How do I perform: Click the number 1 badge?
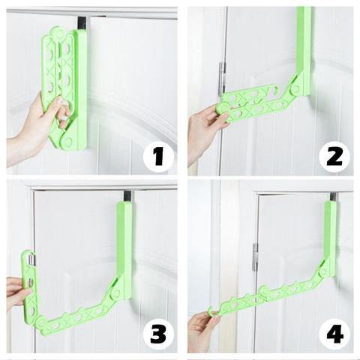pyautogui.click(x=158, y=156)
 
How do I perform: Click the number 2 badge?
pyautogui.click(x=334, y=156)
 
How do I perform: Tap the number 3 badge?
pyautogui.click(x=158, y=334)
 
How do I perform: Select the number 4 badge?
pyautogui.click(x=334, y=334)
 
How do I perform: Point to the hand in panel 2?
pyautogui.click(x=204, y=130)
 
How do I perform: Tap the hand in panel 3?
pyautogui.click(x=17, y=292)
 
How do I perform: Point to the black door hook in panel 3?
pyautogui.click(x=128, y=196)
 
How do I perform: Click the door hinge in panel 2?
pyautogui.click(x=222, y=79)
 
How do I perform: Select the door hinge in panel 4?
pyautogui.click(x=255, y=257)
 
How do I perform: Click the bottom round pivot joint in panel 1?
pyautogui.click(x=67, y=142)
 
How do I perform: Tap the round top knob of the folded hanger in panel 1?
pyautogui.click(x=58, y=32)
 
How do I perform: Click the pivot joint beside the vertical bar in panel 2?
pyautogui.click(x=295, y=88)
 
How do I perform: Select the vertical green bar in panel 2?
pyautogui.click(x=303, y=51)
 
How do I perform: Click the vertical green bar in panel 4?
pyautogui.click(x=330, y=238)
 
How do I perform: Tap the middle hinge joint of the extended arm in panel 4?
pyautogui.click(x=265, y=290)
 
